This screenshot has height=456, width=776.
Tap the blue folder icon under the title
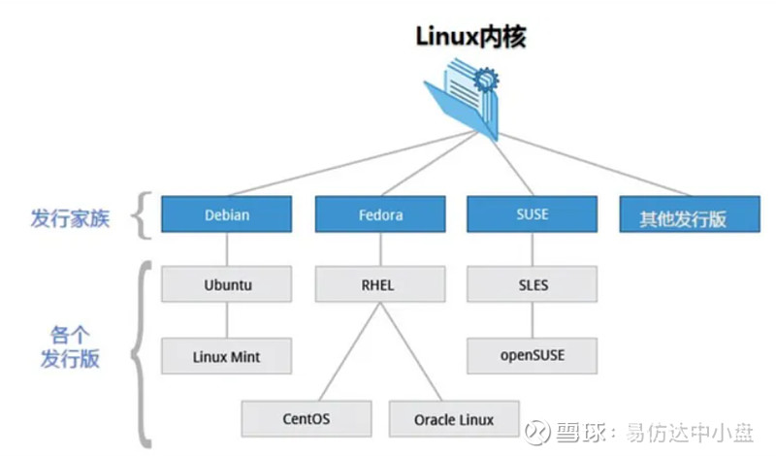[463, 97]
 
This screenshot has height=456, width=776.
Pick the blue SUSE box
[533, 214]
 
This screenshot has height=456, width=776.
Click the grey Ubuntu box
[227, 286]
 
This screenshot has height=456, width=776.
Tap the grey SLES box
[533, 285]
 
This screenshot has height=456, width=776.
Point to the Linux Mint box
[227, 356]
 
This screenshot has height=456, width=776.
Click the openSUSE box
[533, 355]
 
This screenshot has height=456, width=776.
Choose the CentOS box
[307, 419]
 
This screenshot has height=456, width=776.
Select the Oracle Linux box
[454, 419]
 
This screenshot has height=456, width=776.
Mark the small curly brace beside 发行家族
[143, 215]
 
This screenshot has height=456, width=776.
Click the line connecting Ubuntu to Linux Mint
[227, 320]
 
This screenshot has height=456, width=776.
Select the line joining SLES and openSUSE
[533, 320]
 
